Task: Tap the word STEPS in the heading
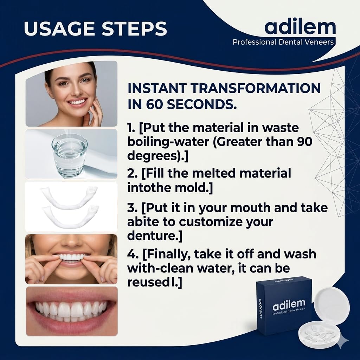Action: point(134,28)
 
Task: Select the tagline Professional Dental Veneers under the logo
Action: point(283,42)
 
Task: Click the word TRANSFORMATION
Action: point(256,88)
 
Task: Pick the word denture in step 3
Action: point(152,236)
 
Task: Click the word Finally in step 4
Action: point(169,255)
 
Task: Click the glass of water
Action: point(69,156)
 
